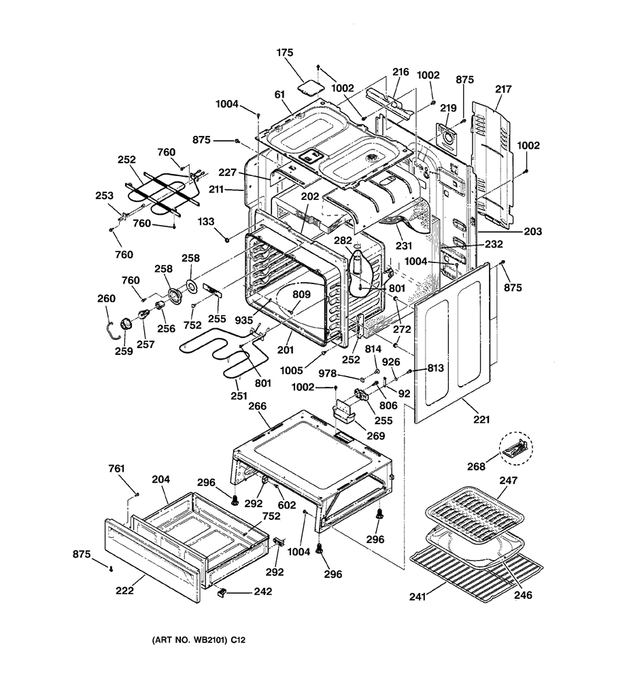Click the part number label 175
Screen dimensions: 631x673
285,52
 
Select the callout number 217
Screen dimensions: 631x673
503,89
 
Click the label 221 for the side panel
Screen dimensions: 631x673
481,419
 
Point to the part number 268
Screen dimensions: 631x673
476,466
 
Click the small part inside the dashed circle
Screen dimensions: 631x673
515,448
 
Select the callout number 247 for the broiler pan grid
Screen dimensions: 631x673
508,481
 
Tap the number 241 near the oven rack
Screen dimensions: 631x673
417,596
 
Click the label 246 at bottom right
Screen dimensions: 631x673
523,595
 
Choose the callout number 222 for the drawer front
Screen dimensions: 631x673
124,591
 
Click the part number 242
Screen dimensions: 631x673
263,591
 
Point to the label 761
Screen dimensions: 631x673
116,468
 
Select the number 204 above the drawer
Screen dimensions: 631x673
161,479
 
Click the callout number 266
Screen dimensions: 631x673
258,406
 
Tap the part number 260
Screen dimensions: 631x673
107,298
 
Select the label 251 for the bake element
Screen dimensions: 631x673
239,396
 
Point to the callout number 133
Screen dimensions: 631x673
206,222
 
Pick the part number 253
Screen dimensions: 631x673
104,195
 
